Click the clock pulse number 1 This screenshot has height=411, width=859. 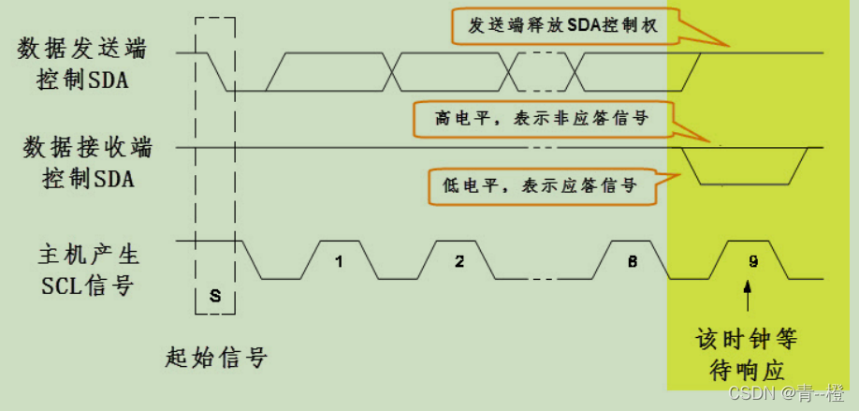pos(339,262)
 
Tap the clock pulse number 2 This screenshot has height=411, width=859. pos(459,262)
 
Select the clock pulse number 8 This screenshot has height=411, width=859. pos(633,262)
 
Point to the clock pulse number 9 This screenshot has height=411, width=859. pos(753,262)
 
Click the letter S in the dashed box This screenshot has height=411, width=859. pos(214,297)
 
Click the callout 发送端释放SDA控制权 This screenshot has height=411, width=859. pos(561,27)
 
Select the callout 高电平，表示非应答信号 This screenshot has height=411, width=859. pos(543,119)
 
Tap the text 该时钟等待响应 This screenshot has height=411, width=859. pos(747,352)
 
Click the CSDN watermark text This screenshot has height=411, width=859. pos(786,391)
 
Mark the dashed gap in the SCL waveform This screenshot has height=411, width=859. pos(543,278)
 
